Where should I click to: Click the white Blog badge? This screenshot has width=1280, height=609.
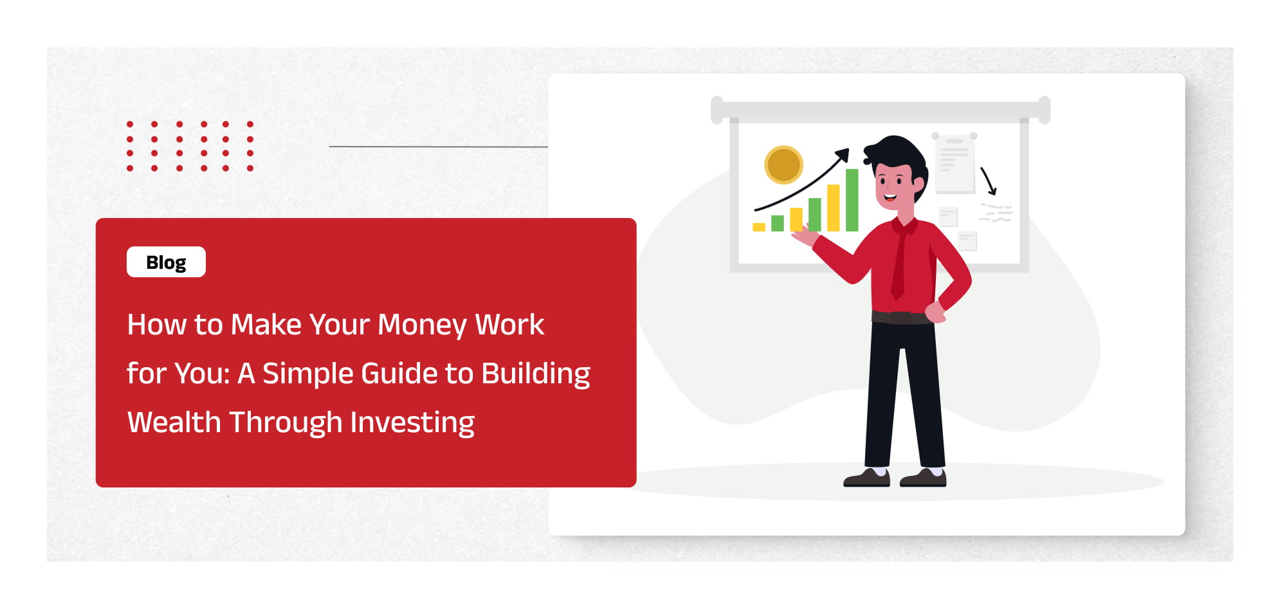(166, 262)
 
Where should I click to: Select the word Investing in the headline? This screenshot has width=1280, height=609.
(412, 423)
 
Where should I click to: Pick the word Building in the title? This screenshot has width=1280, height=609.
(536, 374)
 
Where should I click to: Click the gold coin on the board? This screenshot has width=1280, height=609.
(783, 165)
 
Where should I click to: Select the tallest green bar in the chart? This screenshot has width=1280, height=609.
(852, 200)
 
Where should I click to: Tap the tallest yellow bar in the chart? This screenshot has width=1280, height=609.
(834, 208)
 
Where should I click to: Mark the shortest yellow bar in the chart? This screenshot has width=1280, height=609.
(759, 227)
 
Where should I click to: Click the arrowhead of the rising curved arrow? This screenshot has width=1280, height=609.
(843, 155)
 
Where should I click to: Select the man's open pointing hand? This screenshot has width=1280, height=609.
(805, 235)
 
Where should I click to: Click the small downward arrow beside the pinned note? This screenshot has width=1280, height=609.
(989, 181)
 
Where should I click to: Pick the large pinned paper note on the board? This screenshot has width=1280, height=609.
(955, 163)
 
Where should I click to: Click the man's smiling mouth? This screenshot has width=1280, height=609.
(890, 197)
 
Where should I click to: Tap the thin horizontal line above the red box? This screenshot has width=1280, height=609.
(439, 147)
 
